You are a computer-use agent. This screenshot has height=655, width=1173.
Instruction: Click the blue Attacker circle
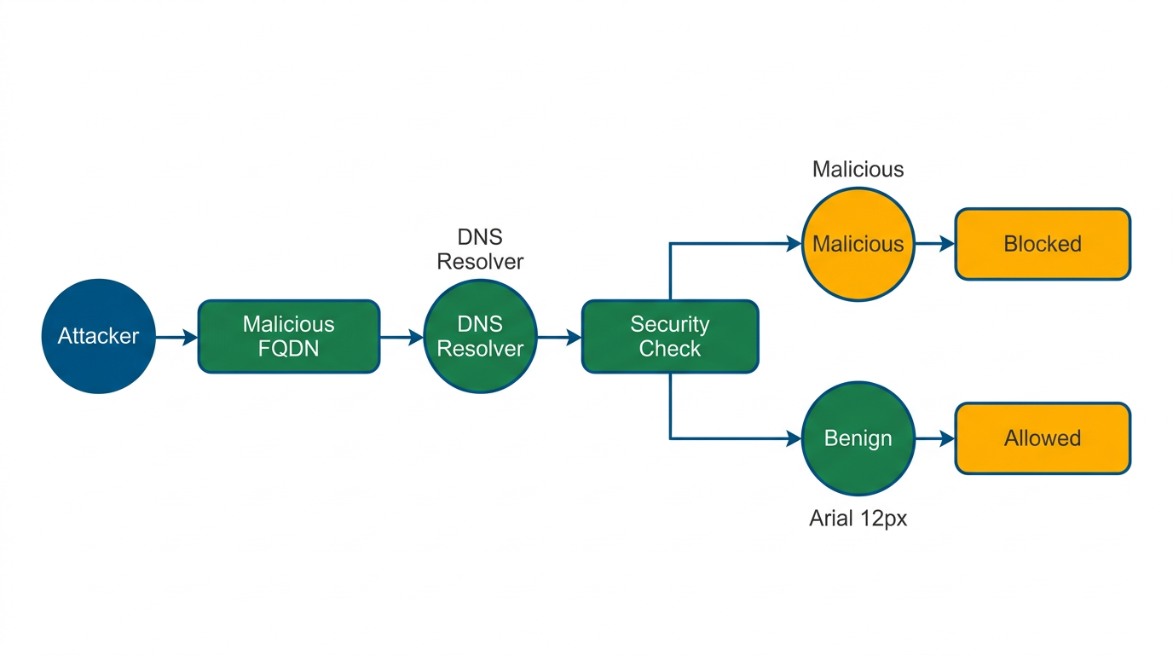(x=98, y=336)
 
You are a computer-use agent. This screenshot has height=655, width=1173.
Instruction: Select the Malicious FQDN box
(x=289, y=336)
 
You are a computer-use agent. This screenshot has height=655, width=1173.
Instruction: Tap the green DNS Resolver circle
(x=480, y=336)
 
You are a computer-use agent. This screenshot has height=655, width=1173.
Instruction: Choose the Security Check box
(x=670, y=336)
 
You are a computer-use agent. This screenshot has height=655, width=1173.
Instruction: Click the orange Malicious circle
(x=858, y=244)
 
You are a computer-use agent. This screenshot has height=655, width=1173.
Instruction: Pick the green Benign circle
(x=858, y=438)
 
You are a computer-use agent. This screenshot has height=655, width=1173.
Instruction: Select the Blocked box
(x=1043, y=244)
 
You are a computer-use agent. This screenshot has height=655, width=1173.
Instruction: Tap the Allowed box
(x=1043, y=438)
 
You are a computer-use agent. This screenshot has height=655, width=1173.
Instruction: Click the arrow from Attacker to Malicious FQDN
(x=177, y=337)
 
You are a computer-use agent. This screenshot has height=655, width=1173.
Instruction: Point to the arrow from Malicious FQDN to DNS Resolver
(x=402, y=337)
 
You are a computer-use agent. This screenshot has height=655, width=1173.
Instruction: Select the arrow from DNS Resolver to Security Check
(x=559, y=337)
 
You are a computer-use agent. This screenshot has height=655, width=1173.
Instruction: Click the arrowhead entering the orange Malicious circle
(x=794, y=244)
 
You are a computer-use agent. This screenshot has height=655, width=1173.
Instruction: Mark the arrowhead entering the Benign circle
(x=794, y=439)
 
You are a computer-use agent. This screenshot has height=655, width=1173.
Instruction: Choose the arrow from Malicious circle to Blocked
(x=934, y=244)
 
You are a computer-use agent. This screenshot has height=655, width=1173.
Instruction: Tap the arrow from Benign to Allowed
(x=934, y=438)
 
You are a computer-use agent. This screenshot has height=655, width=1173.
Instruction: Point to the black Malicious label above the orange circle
(x=858, y=169)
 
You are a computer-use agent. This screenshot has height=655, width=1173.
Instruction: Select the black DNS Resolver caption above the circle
(x=480, y=249)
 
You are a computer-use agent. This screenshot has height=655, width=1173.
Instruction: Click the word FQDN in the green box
(x=288, y=348)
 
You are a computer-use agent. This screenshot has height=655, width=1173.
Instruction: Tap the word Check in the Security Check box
(x=670, y=349)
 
